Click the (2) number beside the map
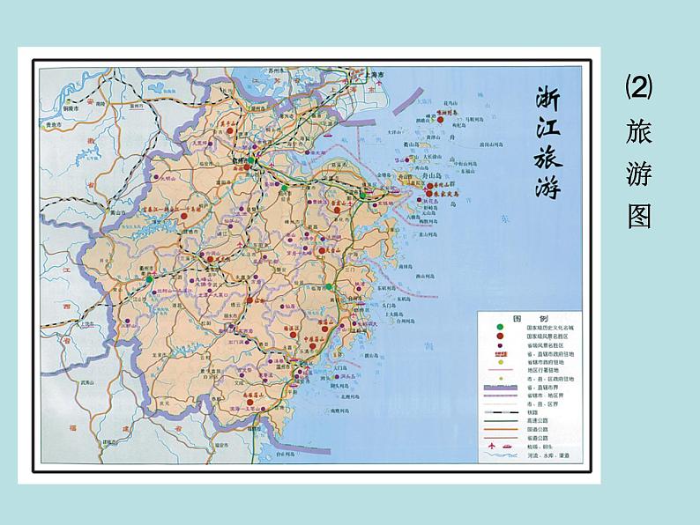point(638,87)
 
